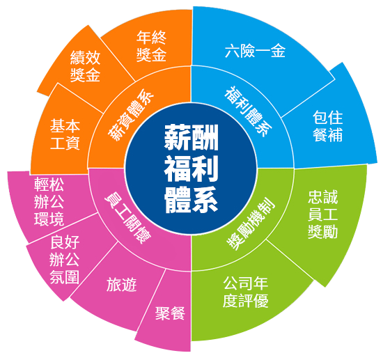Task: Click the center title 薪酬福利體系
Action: click(x=191, y=169)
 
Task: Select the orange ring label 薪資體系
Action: click(x=131, y=115)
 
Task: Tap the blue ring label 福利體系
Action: click(x=248, y=111)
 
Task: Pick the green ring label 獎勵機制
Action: click(x=251, y=224)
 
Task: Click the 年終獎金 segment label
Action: click(x=152, y=46)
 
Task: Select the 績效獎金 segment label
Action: click(x=85, y=66)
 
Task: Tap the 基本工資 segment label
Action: click(x=65, y=134)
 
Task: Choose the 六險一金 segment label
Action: click(x=255, y=51)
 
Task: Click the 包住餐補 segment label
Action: click(x=327, y=126)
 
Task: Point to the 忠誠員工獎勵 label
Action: click(x=322, y=214)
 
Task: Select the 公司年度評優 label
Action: click(x=245, y=292)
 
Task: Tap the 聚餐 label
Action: click(x=170, y=313)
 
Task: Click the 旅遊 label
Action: click(x=122, y=285)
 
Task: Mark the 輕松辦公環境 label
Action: click(x=49, y=201)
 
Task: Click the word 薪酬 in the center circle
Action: click(x=191, y=137)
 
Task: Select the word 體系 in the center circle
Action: click(x=191, y=201)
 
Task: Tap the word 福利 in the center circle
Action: click(x=191, y=169)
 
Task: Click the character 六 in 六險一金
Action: click(x=233, y=51)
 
